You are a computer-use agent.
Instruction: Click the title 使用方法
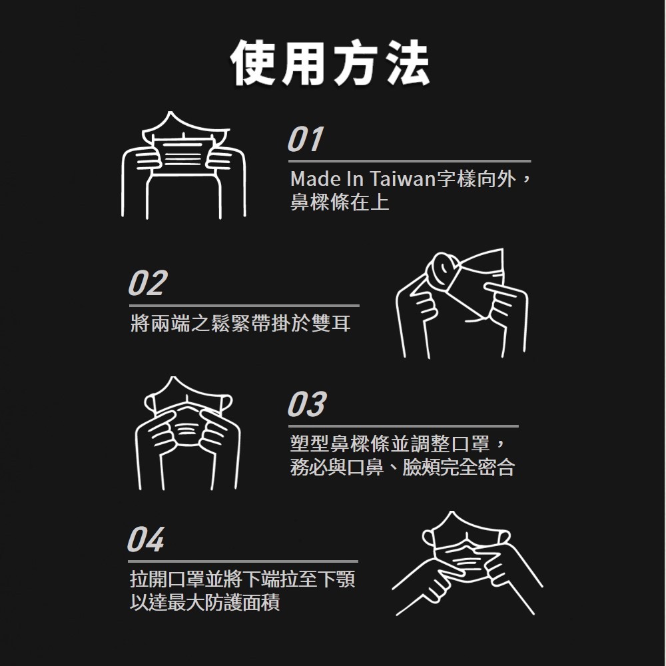330,63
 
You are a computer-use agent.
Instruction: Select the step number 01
306,139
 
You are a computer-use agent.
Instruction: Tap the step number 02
148,283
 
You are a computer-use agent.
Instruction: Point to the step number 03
307,404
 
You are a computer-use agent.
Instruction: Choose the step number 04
146,539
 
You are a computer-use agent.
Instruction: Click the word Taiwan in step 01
404,178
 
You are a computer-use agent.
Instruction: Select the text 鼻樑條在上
340,202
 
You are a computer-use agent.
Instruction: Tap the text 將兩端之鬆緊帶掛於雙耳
241,324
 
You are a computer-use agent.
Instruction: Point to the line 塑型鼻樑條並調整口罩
390,444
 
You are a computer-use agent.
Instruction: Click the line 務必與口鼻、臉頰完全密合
403,468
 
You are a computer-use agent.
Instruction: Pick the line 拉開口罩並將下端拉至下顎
242,579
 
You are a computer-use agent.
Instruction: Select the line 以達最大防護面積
204,602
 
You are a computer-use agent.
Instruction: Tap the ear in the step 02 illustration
443,272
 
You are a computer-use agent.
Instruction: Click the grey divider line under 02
244,306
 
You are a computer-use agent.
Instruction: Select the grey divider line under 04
243,561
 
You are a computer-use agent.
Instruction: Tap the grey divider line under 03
404,426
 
